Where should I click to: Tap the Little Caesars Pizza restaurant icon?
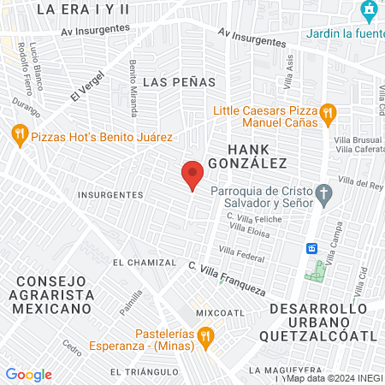coord(327,112)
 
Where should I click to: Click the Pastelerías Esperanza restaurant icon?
coord(204,337)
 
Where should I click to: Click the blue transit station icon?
coord(312,248)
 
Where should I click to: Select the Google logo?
coord(28,375)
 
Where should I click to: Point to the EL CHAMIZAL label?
coord(143,263)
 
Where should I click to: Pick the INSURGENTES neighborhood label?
coord(110,194)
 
